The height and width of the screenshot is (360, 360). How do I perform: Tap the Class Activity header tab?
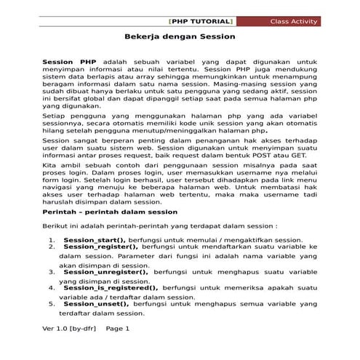coord(295,21)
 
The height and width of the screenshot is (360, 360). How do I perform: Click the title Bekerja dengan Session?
coord(179,36)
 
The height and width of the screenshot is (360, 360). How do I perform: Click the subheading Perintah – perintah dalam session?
coord(110,212)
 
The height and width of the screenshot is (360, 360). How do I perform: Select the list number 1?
coord(52,239)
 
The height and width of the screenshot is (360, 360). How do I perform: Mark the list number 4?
coord(52,287)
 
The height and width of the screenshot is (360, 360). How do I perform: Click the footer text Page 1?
coord(118,328)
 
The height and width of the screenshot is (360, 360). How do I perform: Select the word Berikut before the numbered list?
coord(56,226)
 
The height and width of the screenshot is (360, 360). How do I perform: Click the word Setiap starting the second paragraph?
coord(55,115)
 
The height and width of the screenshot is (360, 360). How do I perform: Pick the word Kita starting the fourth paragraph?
coord(50,167)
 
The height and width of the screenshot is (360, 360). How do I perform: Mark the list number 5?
coord(52,304)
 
